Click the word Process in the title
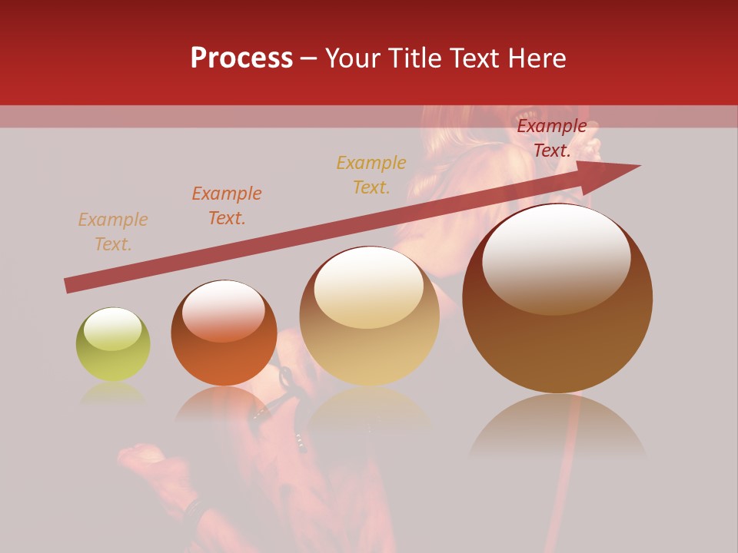pyautogui.click(x=241, y=58)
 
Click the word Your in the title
pyautogui.click(x=352, y=58)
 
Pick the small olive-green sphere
pyautogui.click(x=113, y=345)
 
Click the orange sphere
pyautogui.click(x=224, y=333)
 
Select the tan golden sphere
pyautogui.click(x=370, y=316)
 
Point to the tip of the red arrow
pyautogui.click(x=640, y=165)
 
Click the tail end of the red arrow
pyautogui.click(x=68, y=286)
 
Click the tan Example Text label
pyautogui.click(x=113, y=232)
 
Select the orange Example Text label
pyautogui.click(x=227, y=206)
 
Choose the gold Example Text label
pyautogui.click(x=371, y=174)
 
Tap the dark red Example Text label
pyautogui.click(x=552, y=138)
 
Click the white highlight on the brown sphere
pyautogui.click(x=557, y=258)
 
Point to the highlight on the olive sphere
pyautogui.click(x=113, y=329)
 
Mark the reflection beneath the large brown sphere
pyautogui.click(x=557, y=426)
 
